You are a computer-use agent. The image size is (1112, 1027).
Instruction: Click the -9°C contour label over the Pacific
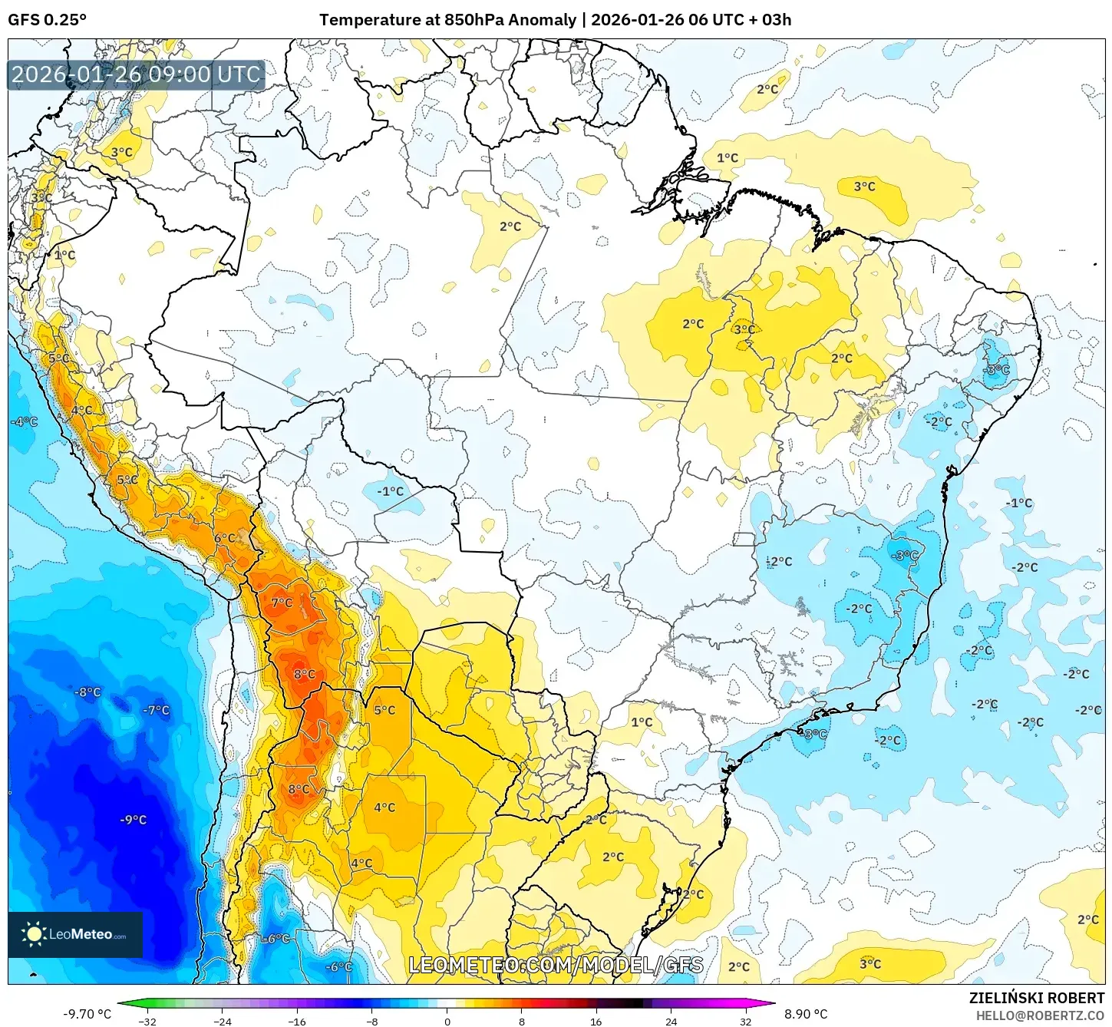(x=133, y=820)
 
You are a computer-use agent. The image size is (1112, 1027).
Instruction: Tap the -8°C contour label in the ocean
(x=87, y=692)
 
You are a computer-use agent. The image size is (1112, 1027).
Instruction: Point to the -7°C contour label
(x=156, y=710)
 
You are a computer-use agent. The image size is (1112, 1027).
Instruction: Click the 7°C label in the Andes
(x=282, y=603)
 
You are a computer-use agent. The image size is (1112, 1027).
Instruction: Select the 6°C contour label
(x=225, y=538)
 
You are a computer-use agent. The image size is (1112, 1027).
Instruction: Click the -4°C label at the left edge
(x=24, y=421)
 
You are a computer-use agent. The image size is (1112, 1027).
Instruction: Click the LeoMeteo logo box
(x=75, y=934)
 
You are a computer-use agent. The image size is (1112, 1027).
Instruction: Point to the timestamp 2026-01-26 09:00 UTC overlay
(x=136, y=74)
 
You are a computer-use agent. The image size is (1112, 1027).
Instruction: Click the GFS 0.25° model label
(x=47, y=20)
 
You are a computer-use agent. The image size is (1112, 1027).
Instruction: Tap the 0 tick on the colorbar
(x=447, y=1021)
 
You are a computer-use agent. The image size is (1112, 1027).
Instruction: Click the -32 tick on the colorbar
(x=147, y=1021)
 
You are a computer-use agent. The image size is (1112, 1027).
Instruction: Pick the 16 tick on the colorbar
(x=596, y=1021)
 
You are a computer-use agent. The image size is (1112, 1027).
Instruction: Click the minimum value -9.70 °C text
(x=87, y=1014)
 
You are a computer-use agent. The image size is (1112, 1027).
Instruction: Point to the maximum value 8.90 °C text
(x=805, y=1014)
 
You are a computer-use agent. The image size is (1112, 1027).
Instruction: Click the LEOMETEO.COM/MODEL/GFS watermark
(x=556, y=965)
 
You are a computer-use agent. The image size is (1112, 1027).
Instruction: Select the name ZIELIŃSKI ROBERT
(x=1037, y=998)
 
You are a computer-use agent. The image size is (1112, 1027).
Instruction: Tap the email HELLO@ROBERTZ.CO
(x=1040, y=1015)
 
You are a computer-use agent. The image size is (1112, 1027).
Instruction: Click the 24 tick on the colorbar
(x=671, y=1021)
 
